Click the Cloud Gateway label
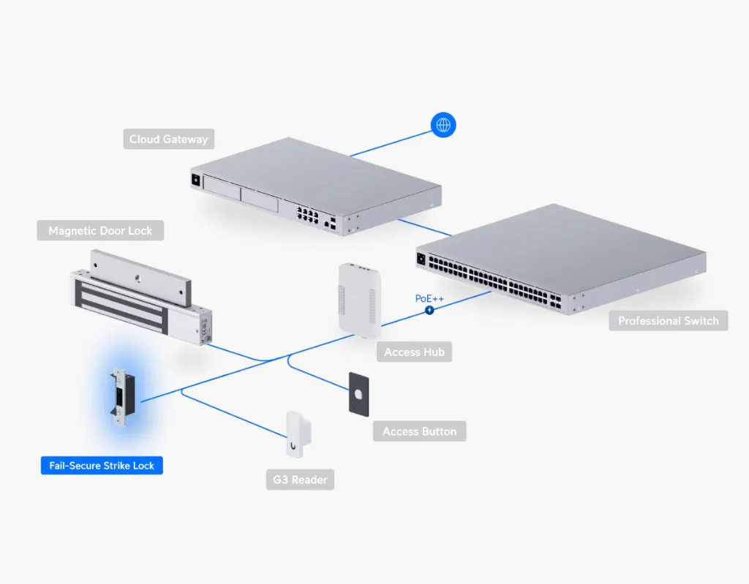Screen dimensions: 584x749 click(x=168, y=139)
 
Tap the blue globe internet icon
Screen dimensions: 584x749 click(x=443, y=125)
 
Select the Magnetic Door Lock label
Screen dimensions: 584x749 click(x=100, y=231)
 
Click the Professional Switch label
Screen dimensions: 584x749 click(x=668, y=321)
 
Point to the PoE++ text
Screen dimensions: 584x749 click(x=429, y=299)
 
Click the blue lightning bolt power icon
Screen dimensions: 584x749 click(x=429, y=310)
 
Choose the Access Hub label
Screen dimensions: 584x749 click(x=413, y=352)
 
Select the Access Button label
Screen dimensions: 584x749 click(x=419, y=432)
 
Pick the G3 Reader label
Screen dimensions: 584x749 click(x=300, y=480)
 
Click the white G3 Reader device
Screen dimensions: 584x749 click(x=296, y=434)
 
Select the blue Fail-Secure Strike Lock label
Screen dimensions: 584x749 click(x=102, y=466)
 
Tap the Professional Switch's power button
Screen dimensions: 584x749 click(x=421, y=258)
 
